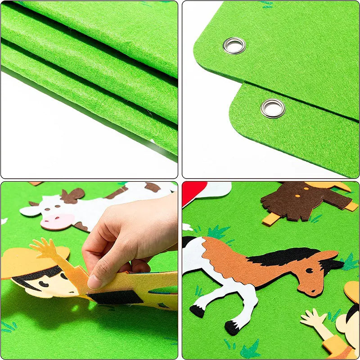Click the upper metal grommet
click(234, 45)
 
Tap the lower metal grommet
click(273, 108)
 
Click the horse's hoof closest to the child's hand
click(231, 328)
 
